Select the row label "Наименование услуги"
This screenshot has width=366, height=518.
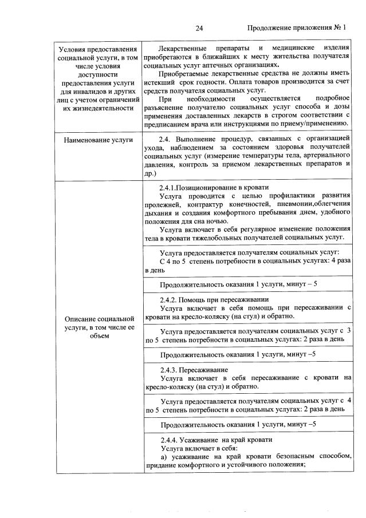pyautogui.click(x=99, y=139)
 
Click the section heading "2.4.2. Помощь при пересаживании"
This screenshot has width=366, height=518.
pyautogui.click(x=214, y=299)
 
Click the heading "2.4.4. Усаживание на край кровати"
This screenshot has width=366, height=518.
pyautogui.click(x=216, y=440)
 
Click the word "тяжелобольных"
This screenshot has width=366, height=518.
pyautogui.click(x=227, y=236)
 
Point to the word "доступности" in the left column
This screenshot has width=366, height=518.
pyautogui.click(x=99, y=74)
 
